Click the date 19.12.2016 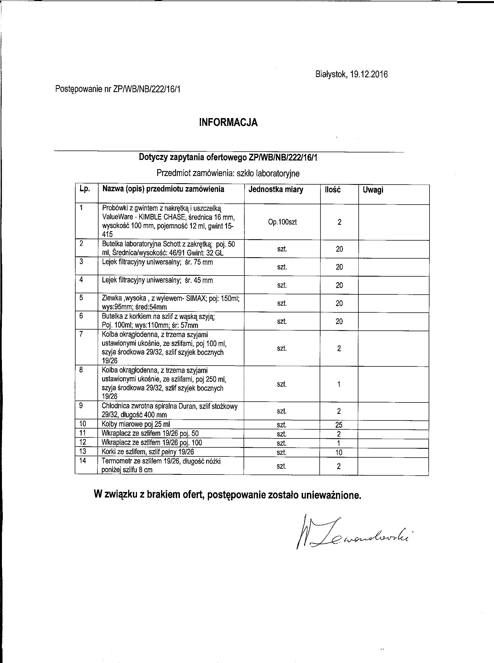point(369,74)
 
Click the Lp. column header point(85,189)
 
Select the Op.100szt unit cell point(282,222)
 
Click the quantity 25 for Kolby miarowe point(339,425)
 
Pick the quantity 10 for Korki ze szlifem point(338,452)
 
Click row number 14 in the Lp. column point(82,461)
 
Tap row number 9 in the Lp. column point(81,406)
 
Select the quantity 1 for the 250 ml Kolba point(339,384)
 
